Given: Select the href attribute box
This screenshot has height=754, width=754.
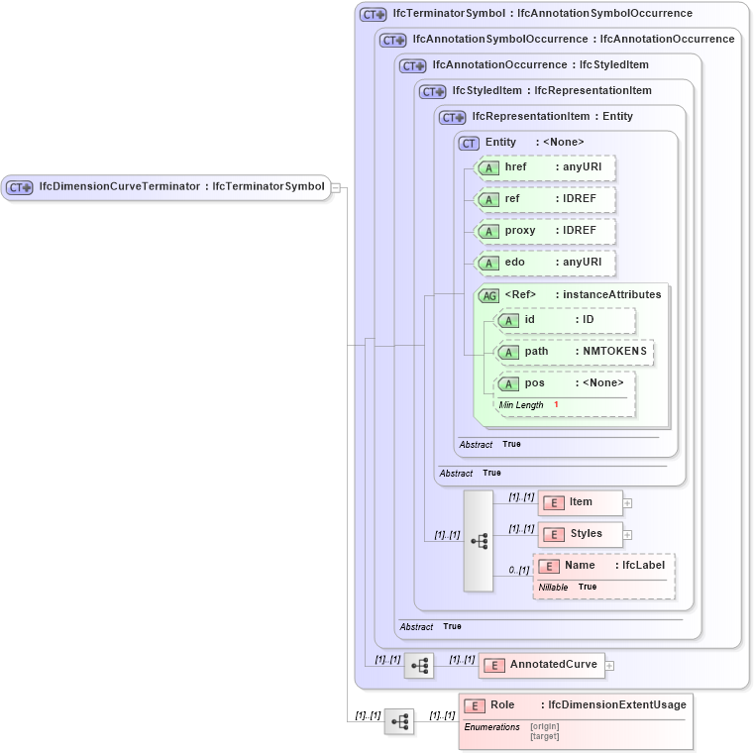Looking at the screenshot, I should coord(546,167).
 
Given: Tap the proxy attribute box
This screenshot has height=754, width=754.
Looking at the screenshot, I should coord(546,231).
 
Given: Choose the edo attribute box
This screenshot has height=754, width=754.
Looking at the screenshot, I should coord(546,263).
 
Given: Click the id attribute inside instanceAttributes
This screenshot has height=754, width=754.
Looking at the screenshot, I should coord(565,320).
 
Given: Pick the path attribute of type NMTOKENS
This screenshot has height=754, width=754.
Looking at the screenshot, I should coord(575,352).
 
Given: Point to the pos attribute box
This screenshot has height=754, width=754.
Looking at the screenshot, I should coord(565,383).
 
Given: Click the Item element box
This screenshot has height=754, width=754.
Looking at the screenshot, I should coord(580,502).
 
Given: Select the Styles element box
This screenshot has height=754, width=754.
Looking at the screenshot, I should coord(581,534).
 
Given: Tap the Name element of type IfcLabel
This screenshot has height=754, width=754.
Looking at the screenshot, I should coord(604,566).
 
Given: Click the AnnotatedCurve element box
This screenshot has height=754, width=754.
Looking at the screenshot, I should coord(541,665).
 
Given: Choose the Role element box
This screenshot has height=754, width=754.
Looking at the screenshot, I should coord(576,705).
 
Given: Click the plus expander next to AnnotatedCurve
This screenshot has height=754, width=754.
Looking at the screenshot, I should coord(610,666).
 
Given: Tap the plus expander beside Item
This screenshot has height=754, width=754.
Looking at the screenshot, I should coord(627,503).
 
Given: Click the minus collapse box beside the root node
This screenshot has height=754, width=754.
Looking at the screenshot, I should coord(336,186).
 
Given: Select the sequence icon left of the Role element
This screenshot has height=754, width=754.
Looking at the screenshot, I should coord(399,722).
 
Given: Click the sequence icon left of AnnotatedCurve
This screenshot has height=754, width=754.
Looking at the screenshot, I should coord(419,666).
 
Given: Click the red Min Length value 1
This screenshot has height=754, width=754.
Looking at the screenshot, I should coord(556,405).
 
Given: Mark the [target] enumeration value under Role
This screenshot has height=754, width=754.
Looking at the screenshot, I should coord(545,736).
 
